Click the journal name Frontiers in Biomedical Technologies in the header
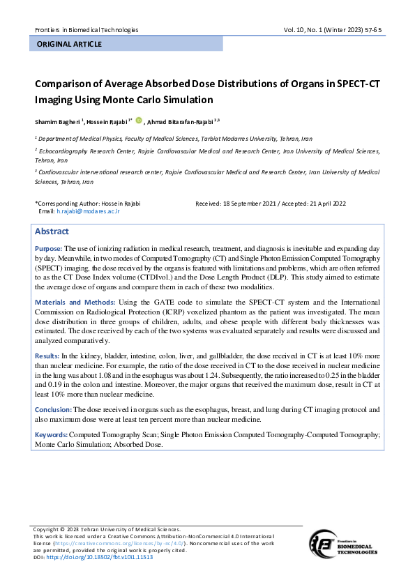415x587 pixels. click(x=86, y=30)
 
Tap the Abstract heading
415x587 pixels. click(x=52, y=231)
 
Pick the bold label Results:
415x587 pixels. click(x=47, y=356)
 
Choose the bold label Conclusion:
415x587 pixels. click(x=53, y=409)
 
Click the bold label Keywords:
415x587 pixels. click(x=52, y=434)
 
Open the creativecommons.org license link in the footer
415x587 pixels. click(x=119, y=542)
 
